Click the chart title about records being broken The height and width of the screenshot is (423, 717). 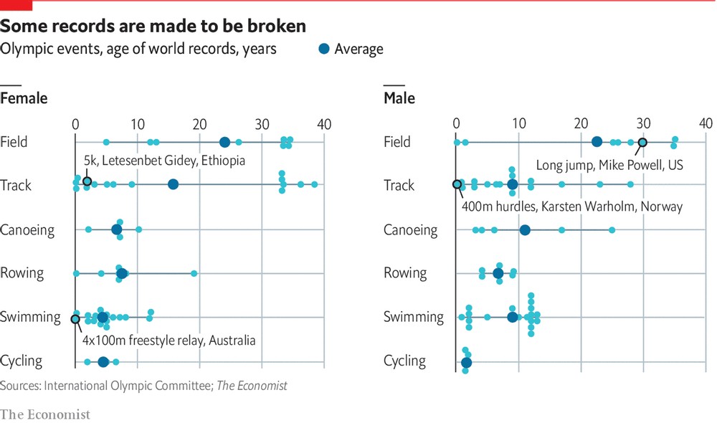(x=153, y=27)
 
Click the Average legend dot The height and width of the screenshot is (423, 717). (x=324, y=49)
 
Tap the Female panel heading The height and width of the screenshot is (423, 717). (x=24, y=98)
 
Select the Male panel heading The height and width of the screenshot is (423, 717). (x=399, y=98)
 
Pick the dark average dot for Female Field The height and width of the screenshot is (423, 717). (x=224, y=142)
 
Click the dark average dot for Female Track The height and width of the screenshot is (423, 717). (x=173, y=185)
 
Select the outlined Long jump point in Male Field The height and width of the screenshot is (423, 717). (x=642, y=142)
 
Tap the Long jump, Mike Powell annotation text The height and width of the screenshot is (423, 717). (x=609, y=165)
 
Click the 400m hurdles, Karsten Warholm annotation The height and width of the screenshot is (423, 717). (x=571, y=206)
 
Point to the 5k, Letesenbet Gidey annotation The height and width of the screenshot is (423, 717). (x=164, y=161)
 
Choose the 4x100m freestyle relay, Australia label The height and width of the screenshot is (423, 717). (x=169, y=340)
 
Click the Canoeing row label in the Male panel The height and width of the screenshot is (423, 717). (x=410, y=230)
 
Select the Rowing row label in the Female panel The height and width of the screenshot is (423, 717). (x=22, y=273)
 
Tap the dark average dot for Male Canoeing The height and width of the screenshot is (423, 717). (x=525, y=229)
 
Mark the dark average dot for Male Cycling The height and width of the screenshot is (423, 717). (x=467, y=363)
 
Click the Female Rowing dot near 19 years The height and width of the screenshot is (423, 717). (x=194, y=273)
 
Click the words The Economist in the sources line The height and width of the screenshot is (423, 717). (x=252, y=386)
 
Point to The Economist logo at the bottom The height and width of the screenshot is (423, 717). (x=44, y=414)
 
